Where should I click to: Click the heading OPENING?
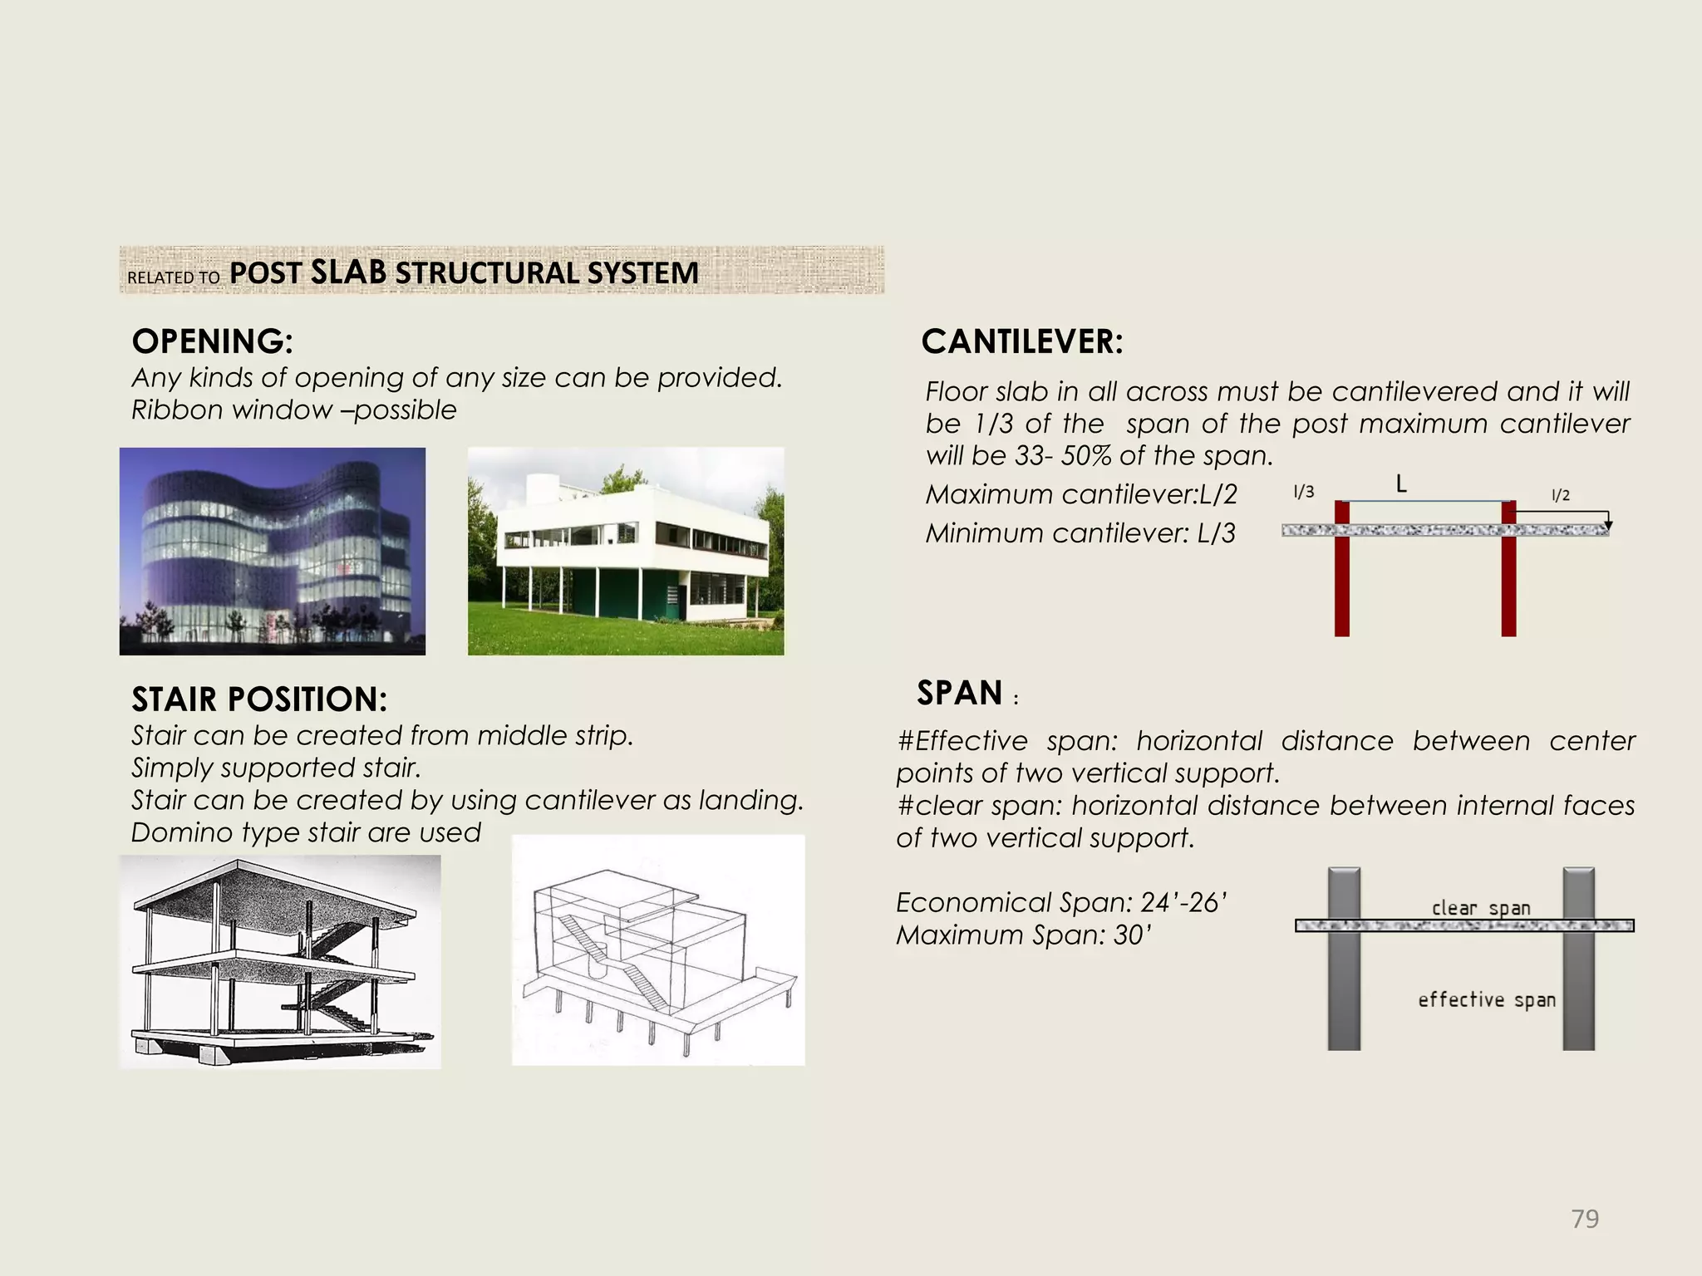[x=212, y=341]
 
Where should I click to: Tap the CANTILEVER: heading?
[x=1021, y=341]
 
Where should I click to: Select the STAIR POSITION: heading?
[x=258, y=699]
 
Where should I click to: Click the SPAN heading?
[x=960, y=693]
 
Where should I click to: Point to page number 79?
[x=1585, y=1219]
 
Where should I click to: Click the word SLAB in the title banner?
[x=347, y=272]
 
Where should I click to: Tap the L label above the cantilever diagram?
[x=1401, y=483]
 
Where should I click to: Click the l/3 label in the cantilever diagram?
[x=1303, y=492]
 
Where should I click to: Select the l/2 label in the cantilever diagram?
[x=1561, y=496]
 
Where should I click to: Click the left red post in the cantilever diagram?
[x=1341, y=582]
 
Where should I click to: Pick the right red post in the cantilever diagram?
[x=1508, y=582]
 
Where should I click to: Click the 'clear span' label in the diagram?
[x=1480, y=907]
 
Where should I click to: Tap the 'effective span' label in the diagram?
[x=1486, y=999]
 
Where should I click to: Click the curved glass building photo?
[x=272, y=551]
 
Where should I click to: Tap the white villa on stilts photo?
[x=625, y=551]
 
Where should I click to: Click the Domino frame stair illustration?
[x=279, y=961]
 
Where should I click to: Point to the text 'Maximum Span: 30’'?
[x=1023, y=935]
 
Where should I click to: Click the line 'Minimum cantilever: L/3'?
[x=1080, y=532]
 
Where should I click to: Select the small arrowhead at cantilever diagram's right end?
[x=1608, y=525]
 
